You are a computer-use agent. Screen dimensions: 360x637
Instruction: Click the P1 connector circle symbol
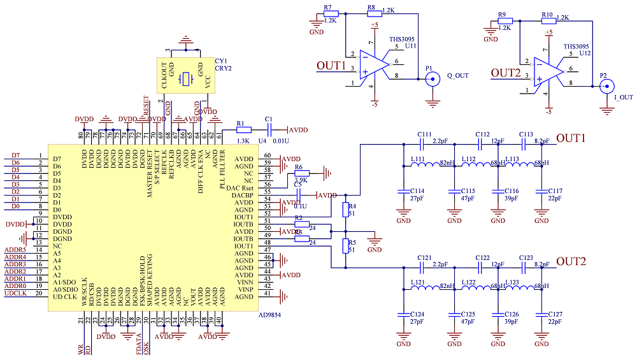click(x=433, y=79)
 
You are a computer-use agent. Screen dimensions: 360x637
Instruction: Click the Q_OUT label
click(x=458, y=75)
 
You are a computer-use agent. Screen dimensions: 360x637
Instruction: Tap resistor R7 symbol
click(x=330, y=13)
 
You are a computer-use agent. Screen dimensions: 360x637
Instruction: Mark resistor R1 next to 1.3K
click(x=240, y=129)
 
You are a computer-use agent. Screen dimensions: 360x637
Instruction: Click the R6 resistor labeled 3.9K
click(x=301, y=173)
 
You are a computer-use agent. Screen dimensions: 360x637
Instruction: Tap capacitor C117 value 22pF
click(x=554, y=199)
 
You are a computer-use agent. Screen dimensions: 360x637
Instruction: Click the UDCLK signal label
click(x=15, y=294)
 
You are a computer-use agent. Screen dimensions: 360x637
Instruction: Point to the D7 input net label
click(x=15, y=155)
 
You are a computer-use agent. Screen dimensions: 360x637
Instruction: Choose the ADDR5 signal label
click(x=15, y=249)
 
